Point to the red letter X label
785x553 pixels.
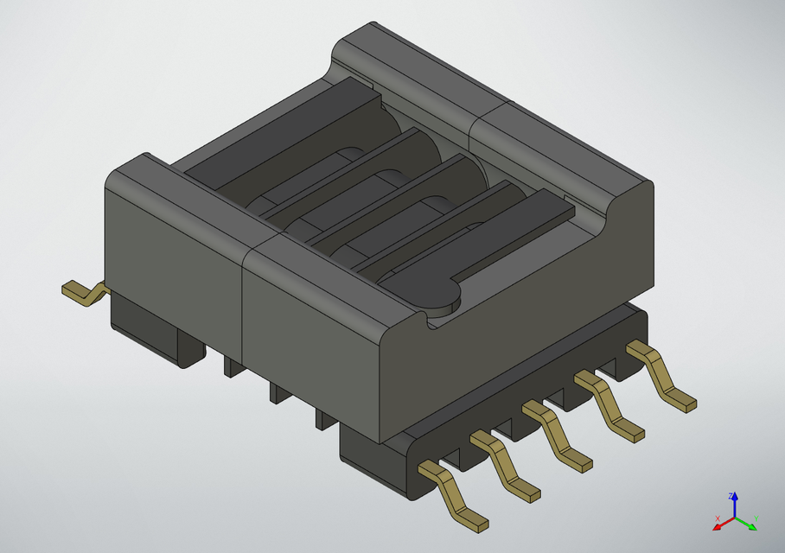[717, 518]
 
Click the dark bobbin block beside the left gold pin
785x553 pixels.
[156, 333]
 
